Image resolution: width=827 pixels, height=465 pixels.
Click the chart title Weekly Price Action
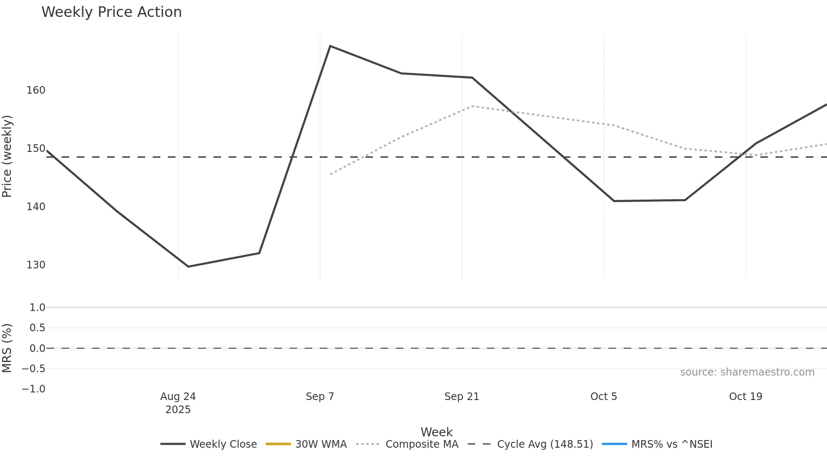pyautogui.click(x=111, y=12)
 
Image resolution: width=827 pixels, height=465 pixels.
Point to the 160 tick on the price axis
pyautogui.click(x=36, y=90)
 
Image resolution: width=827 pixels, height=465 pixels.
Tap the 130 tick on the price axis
pyautogui.click(x=36, y=265)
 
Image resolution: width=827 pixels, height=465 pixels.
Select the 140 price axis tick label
pyautogui.click(x=36, y=207)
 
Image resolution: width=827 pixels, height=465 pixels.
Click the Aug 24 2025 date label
pyautogui.click(x=178, y=403)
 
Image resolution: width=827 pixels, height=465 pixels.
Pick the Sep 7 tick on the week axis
pyautogui.click(x=320, y=397)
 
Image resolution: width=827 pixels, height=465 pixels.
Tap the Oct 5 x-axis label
pyautogui.click(x=603, y=397)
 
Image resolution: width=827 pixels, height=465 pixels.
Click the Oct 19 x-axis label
pyautogui.click(x=746, y=397)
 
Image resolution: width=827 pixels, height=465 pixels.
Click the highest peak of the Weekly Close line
pyautogui.click(x=330, y=46)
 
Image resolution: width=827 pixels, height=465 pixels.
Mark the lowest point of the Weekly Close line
pyautogui.click(x=188, y=267)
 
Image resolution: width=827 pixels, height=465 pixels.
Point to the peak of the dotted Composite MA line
pyautogui.click(x=472, y=106)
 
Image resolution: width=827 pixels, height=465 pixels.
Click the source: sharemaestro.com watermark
pyautogui.click(x=747, y=372)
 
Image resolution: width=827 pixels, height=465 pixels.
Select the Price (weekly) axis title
pyautogui.click(x=7, y=156)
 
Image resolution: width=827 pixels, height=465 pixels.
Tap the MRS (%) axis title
pyautogui.click(x=7, y=348)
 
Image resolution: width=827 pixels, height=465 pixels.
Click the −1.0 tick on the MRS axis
pyautogui.click(x=34, y=389)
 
